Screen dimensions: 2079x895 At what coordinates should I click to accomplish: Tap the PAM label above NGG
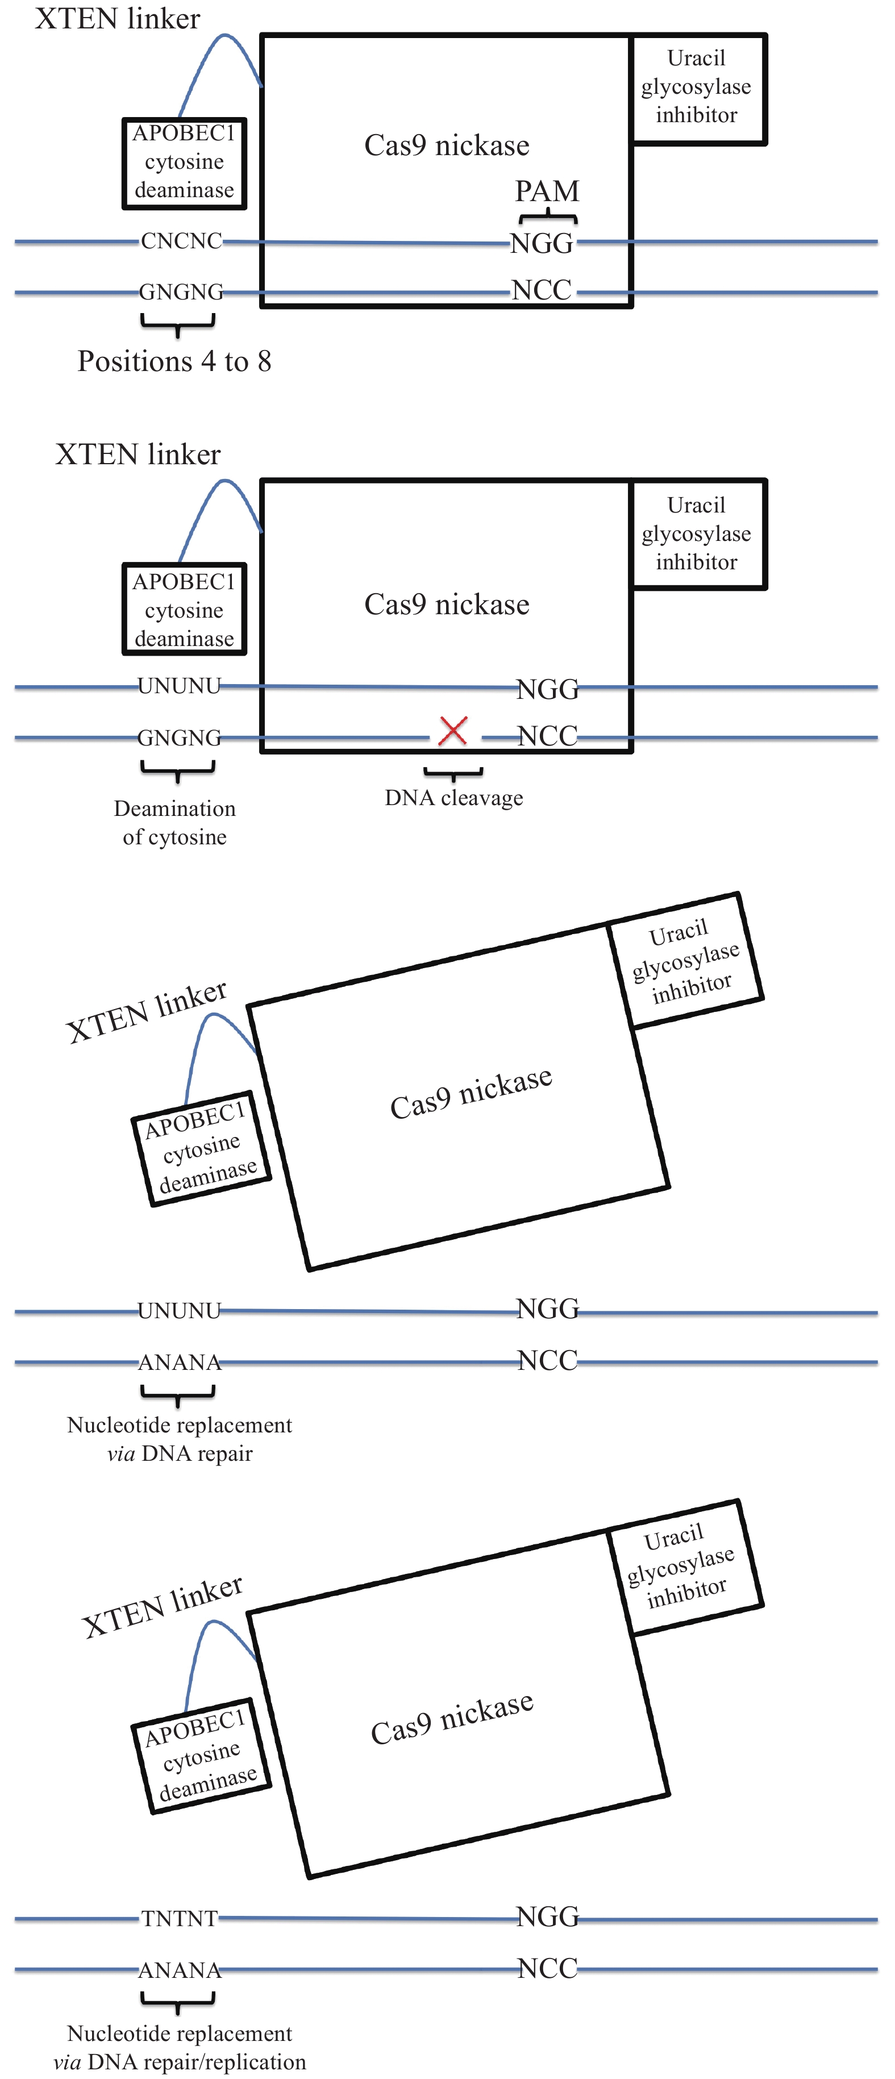547,191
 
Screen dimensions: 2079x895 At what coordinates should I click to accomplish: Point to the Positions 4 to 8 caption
174,361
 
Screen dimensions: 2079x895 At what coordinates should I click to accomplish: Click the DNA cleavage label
453,797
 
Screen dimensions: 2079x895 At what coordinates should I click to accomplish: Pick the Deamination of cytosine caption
174,822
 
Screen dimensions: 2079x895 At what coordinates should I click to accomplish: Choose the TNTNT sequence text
179,1918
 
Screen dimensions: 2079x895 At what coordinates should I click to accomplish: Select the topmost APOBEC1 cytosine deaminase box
184,163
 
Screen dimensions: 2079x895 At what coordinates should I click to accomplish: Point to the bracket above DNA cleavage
453,774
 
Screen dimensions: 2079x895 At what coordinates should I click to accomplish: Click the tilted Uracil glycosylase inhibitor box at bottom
685,1567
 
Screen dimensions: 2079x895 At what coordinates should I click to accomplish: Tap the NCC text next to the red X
547,736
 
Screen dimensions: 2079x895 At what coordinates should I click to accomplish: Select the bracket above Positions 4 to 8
177,324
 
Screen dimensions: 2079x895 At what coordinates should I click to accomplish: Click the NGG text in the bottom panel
547,1916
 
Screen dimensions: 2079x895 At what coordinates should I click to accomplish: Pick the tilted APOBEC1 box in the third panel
201,1148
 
